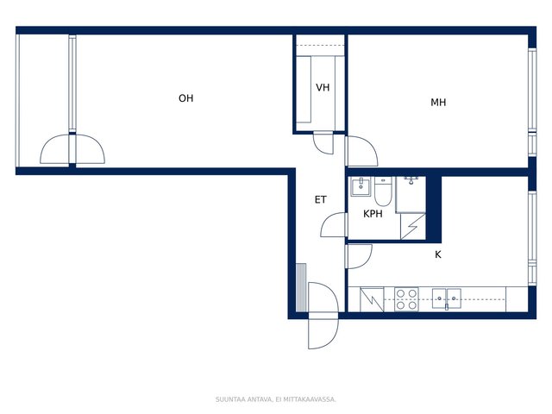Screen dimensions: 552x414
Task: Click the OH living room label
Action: click(186, 98)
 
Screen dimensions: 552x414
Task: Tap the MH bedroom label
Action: click(438, 103)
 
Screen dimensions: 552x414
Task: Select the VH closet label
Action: click(323, 87)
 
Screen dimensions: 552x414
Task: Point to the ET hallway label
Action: click(320, 200)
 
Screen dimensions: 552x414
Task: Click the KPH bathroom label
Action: click(373, 214)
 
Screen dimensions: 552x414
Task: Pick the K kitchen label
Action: click(438, 254)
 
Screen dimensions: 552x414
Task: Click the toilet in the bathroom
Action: click(383, 191)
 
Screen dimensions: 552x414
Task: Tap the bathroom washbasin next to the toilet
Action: click(361, 186)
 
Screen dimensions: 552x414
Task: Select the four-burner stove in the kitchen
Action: click(406, 299)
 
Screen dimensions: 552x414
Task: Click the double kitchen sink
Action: click(447, 299)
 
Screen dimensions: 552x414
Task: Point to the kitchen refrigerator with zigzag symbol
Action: click(372, 299)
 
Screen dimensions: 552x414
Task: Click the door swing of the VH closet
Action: click(323, 142)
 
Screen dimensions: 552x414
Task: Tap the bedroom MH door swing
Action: click(362, 151)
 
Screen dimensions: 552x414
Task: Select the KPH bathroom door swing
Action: click(334, 224)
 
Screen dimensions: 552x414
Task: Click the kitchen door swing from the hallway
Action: click(359, 256)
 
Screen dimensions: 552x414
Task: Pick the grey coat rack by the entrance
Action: click(301, 287)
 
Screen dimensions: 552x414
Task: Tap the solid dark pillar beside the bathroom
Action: click(434, 210)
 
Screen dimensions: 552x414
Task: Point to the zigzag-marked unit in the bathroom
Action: click(413, 226)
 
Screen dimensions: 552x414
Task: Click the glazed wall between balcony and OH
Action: click(72, 84)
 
